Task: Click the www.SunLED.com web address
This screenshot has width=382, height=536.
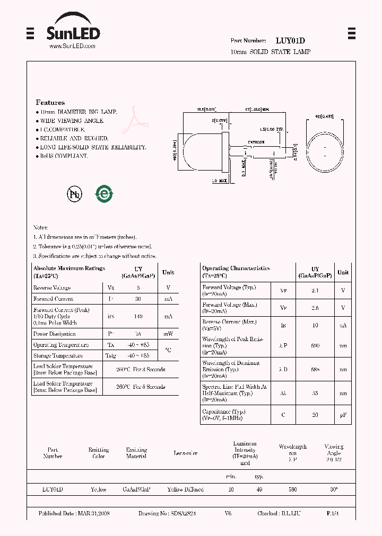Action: click(72, 46)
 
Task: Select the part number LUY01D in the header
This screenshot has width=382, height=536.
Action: click(290, 41)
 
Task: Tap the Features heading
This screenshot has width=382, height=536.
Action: click(50, 102)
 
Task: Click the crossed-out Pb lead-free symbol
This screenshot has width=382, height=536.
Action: click(75, 194)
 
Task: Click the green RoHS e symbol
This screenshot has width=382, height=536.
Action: click(104, 194)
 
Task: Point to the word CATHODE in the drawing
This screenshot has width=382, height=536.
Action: click(257, 142)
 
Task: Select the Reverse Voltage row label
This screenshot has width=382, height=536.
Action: click(52, 288)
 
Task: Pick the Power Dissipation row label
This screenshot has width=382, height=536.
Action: click(55, 334)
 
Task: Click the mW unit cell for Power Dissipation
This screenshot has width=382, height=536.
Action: click(168, 334)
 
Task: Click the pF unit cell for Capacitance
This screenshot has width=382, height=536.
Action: click(343, 415)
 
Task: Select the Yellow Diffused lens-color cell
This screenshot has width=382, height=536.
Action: click(185, 489)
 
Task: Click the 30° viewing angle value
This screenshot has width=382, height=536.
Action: click(333, 489)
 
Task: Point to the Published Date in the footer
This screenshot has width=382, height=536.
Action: click(74, 514)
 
